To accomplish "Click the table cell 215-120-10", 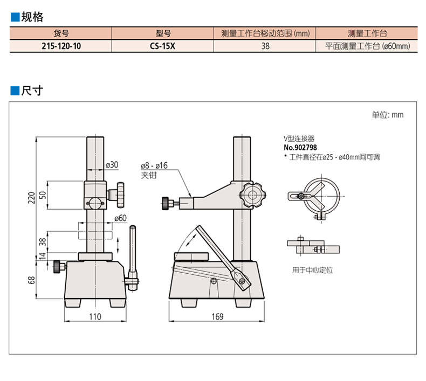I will [61, 46].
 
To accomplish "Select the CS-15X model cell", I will [162, 46].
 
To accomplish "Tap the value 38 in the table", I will [265, 46].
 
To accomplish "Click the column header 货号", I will [61, 33].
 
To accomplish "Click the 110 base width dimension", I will [95, 317].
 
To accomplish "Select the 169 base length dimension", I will [217, 317].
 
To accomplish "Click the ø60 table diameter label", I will [120, 218].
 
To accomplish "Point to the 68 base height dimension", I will [31, 280].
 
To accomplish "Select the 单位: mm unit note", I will [387, 115].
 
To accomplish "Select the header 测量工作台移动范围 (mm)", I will [265, 33].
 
